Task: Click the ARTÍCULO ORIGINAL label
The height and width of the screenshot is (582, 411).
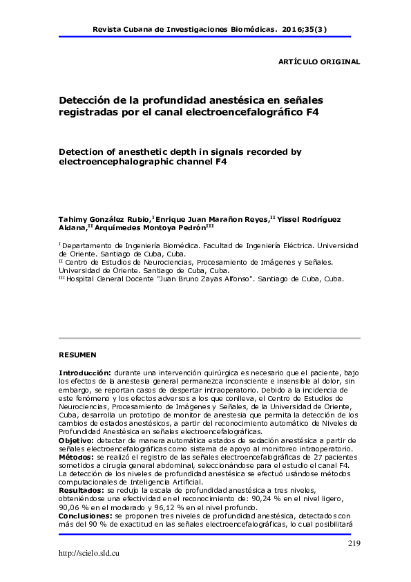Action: click(318, 62)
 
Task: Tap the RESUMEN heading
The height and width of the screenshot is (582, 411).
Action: click(77, 355)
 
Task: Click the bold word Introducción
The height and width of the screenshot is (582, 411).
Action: click(85, 372)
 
